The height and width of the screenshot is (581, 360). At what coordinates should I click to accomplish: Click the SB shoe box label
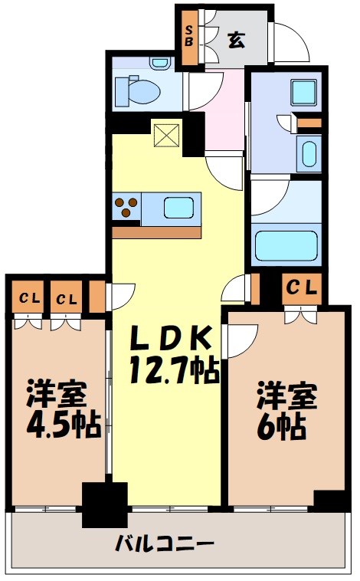(x=189, y=35)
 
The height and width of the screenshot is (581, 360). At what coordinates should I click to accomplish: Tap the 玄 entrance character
(x=236, y=40)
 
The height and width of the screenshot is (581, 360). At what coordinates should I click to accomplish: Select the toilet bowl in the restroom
(x=137, y=91)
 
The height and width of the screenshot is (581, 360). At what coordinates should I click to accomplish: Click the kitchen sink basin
(x=179, y=208)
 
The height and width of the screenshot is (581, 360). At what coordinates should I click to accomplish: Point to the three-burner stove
(x=126, y=207)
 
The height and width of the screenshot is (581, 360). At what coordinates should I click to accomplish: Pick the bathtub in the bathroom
(x=286, y=245)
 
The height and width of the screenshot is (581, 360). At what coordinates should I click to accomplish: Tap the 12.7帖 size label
(x=174, y=370)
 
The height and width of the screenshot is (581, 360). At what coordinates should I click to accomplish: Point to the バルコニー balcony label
(x=165, y=544)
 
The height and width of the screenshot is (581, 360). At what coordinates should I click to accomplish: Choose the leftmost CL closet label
(x=29, y=298)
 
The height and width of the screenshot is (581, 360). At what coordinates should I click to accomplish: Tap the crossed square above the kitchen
(x=167, y=135)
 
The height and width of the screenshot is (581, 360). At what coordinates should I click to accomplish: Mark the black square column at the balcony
(x=105, y=504)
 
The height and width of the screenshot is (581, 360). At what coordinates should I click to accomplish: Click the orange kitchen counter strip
(x=157, y=232)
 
